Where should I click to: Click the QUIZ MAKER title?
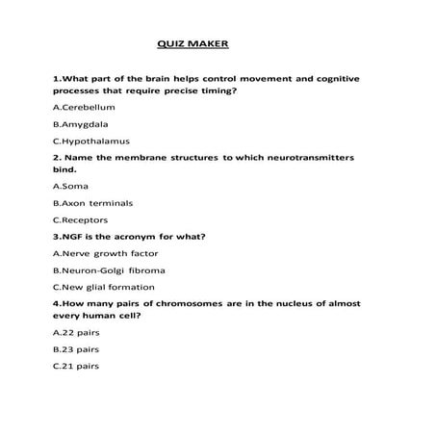tap(193, 43)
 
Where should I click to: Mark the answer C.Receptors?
tap(80, 220)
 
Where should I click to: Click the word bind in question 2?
tap(65, 171)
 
